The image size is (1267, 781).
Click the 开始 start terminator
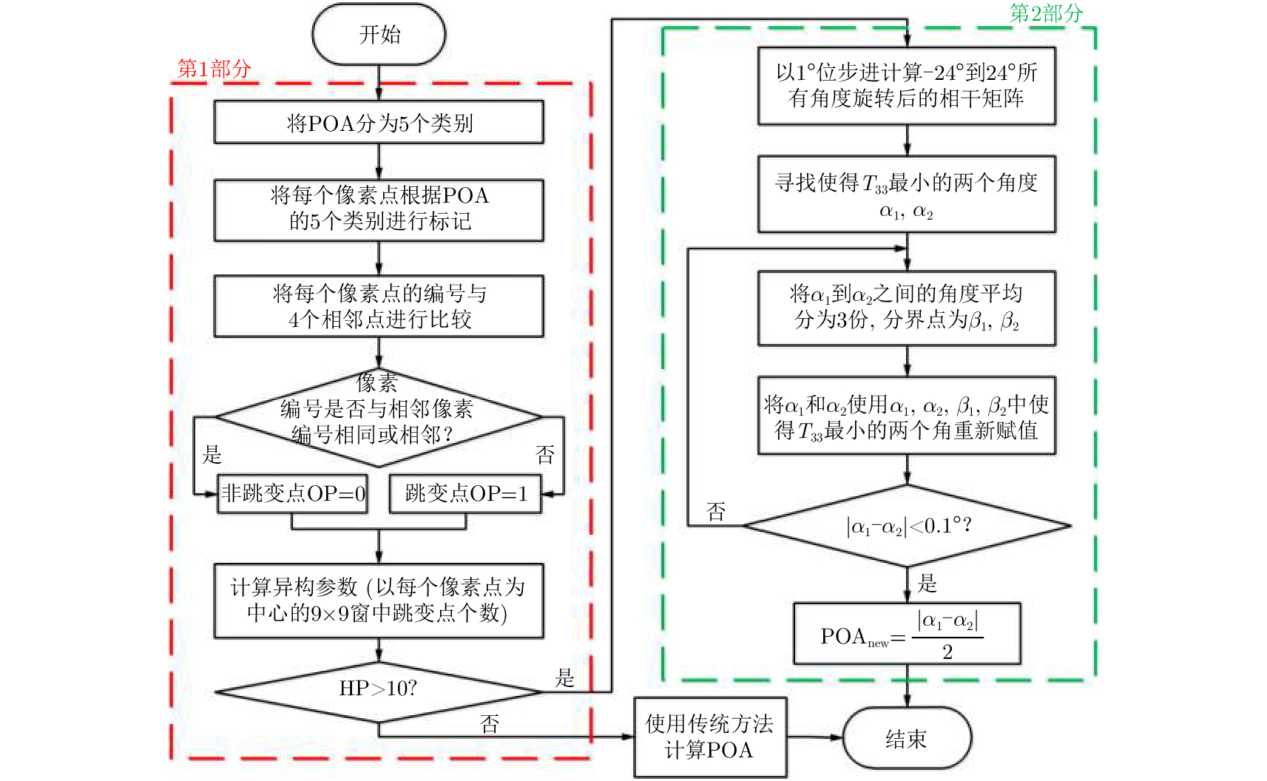[x=379, y=35]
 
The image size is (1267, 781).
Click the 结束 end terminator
[x=907, y=738]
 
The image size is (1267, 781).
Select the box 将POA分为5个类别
[x=379, y=123]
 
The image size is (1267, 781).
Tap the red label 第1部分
[x=214, y=69]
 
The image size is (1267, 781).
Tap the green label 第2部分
[x=1046, y=13]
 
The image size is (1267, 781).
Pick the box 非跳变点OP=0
[x=293, y=493]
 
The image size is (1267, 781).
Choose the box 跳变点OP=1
[x=465, y=493]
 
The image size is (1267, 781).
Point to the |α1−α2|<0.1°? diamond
[x=907, y=526]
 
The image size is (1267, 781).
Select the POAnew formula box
[x=907, y=634]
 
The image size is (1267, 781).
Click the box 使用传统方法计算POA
[x=710, y=737]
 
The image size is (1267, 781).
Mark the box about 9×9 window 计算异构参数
[x=379, y=600]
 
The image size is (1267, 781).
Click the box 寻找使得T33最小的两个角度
[x=907, y=195]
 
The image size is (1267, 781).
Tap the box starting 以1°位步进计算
[x=907, y=86]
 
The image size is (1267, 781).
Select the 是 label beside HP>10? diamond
[x=565, y=677]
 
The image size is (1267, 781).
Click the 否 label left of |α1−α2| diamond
[x=715, y=511]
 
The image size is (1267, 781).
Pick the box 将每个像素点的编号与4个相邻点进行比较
[x=379, y=306]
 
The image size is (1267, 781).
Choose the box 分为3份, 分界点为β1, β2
[x=907, y=308]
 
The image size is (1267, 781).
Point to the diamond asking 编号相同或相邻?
[x=379, y=418]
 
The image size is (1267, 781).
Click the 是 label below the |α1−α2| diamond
[x=928, y=584]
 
